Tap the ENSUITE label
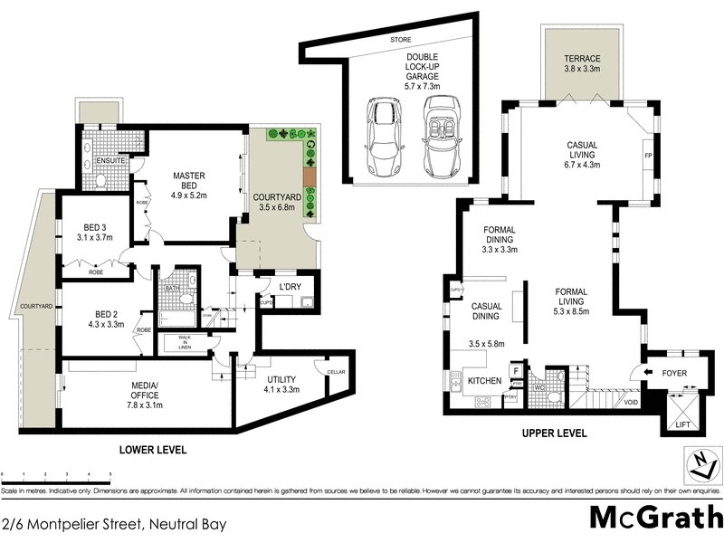pyautogui.click(x=100, y=161)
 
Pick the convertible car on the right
pyautogui.click(x=440, y=139)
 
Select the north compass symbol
pyautogui.click(x=700, y=463)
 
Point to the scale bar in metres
pyautogui.click(x=56, y=473)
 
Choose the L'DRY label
pyautogui.click(x=289, y=288)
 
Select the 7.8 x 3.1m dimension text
pyautogui.click(x=146, y=405)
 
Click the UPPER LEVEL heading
pyautogui.click(x=555, y=433)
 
